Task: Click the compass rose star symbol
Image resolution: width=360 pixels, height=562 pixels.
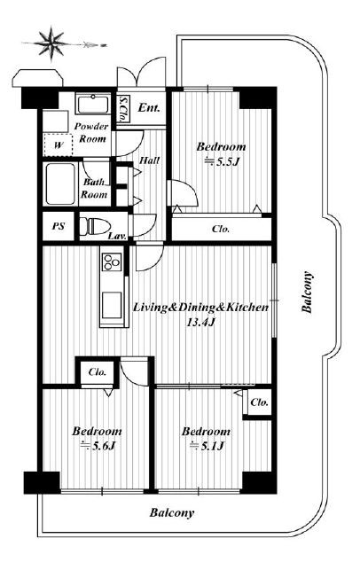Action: tap(51, 43)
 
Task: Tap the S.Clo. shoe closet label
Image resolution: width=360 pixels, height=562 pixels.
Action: tap(124, 109)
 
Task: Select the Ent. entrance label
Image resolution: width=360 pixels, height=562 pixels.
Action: tap(149, 107)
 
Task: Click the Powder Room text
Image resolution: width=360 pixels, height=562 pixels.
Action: tap(92, 132)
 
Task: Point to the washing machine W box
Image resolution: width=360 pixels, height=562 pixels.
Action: tap(59, 144)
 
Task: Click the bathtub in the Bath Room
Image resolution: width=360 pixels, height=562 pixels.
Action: tap(60, 183)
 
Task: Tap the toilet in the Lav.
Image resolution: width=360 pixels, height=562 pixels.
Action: tap(94, 227)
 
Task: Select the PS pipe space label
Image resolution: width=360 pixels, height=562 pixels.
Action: tap(59, 227)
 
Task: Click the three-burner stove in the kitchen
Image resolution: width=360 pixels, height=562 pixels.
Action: tap(112, 261)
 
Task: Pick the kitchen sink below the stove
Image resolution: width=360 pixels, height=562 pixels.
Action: tap(112, 305)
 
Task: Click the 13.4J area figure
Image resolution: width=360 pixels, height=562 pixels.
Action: tap(200, 322)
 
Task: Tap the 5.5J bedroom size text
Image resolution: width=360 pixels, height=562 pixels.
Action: tap(222, 161)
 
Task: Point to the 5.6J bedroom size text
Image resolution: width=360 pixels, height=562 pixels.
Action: tap(98, 446)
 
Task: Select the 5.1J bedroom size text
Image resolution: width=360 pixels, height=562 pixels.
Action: tap(207, 446)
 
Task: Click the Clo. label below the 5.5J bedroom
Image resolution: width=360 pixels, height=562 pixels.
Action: tap(221, 229)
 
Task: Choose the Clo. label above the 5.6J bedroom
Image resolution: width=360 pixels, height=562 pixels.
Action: tap(98, 371)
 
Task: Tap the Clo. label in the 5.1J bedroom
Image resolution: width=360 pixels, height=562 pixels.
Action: tap(259, 402)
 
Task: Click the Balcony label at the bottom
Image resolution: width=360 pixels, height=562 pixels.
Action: tap(172, 513)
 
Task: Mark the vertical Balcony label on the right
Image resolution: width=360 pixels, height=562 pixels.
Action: tap(308, 293)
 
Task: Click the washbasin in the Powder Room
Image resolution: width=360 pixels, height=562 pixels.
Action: tap(93, 104)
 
